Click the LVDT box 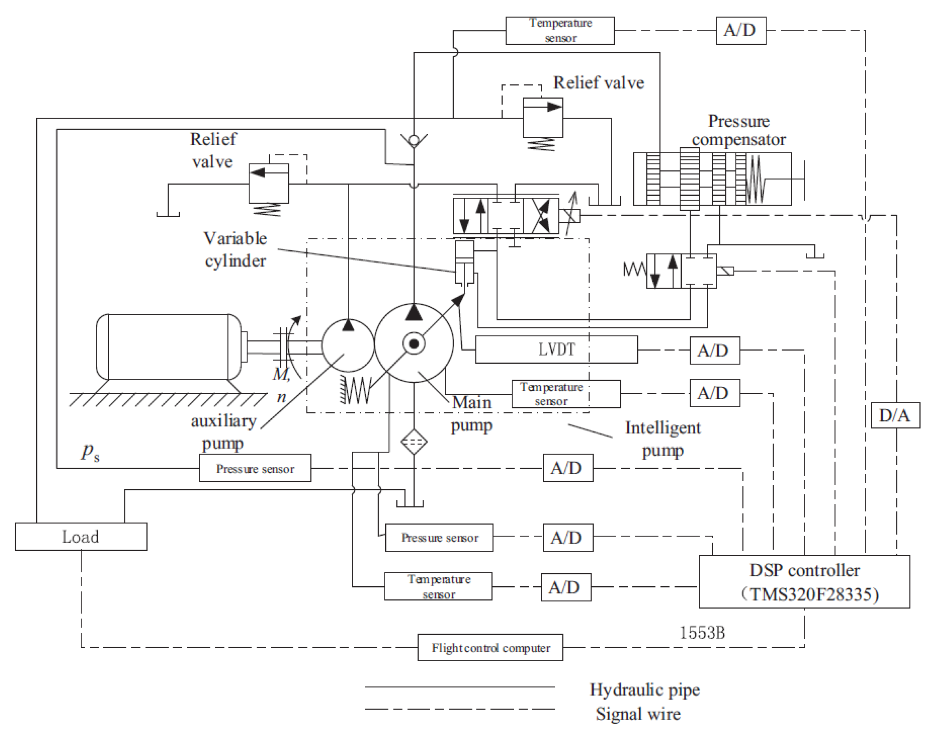[x=556, y=350]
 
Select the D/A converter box [x=895, y=415]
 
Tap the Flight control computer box [x=490, y=647]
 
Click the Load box [x=81, y=536]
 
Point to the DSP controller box [x=804, y=582]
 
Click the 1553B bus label [x=702, y=633]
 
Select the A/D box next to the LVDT [x=714, y=351]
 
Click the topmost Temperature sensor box [x=560, y=31]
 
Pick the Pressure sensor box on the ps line [x=255, y=468]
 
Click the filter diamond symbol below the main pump [x=413, y=442]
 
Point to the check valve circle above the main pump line [x=413, y=140]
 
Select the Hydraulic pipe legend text [x=644, y=690]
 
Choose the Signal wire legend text [x=638, y=714]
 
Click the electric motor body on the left [x=168, y=347]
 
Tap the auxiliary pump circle [x=347, y=345]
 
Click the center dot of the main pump [x=413, y=344]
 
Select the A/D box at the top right [x=741, y=31]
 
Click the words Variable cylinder [x=235, y=249]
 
